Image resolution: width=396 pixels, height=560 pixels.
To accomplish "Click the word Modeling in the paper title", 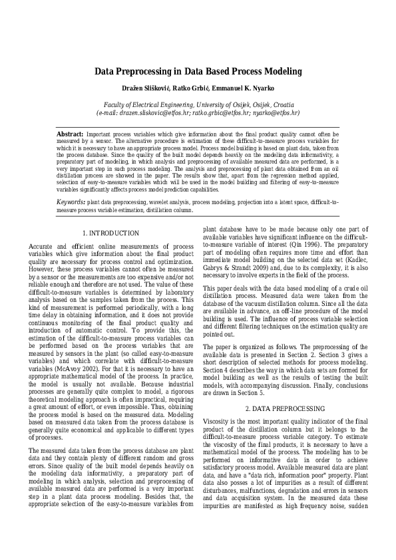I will [282, 71].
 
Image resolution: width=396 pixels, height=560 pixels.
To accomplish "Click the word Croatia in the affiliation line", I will [283, 105].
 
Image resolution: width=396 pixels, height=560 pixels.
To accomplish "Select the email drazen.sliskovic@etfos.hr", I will [152, 113].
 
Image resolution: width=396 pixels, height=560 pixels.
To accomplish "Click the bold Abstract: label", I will [70, 134].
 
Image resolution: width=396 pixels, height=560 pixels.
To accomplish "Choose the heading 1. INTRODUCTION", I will [110, 233].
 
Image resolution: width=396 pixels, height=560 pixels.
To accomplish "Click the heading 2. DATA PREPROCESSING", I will [284, 408].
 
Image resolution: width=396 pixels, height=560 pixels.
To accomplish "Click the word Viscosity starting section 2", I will [217, 421].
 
